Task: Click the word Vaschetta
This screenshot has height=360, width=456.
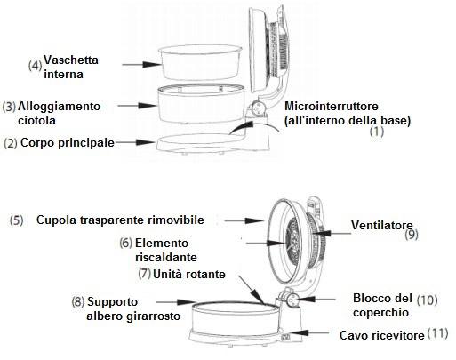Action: click(x=71, y=60)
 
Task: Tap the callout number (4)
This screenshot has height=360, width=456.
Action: click(x=35, y=65)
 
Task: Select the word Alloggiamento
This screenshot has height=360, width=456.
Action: click(x=59, y=106)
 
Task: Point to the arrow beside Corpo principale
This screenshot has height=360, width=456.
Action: click(x=136, y=142)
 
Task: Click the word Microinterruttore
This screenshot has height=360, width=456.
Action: click(x=332, y=106)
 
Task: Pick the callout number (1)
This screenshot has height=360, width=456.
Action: click(x=377, y=132)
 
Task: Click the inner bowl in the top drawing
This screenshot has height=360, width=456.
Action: click(x=201, y=63)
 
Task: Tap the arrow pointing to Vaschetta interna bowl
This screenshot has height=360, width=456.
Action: click(x=142, y=64)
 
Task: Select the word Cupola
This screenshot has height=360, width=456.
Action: click(x=56, y=220)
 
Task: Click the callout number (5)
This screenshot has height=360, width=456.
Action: click(x=16, y=220)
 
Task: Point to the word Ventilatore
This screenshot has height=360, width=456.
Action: click(x=382, y=225)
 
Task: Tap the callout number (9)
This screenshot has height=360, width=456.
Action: click(x=412, y=235)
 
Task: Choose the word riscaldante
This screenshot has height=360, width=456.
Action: click(x=166, y=257)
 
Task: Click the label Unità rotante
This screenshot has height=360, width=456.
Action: click(x=189, y=274)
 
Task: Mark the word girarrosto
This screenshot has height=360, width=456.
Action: click(x=154, y=316)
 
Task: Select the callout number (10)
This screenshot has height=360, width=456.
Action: click(x=427, y=300)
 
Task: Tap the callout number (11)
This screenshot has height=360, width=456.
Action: click(x=437, y=333)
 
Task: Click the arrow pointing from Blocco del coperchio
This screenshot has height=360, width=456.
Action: click(x=316, y=300)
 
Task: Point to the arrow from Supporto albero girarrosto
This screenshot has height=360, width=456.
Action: click(x=176, y=302)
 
